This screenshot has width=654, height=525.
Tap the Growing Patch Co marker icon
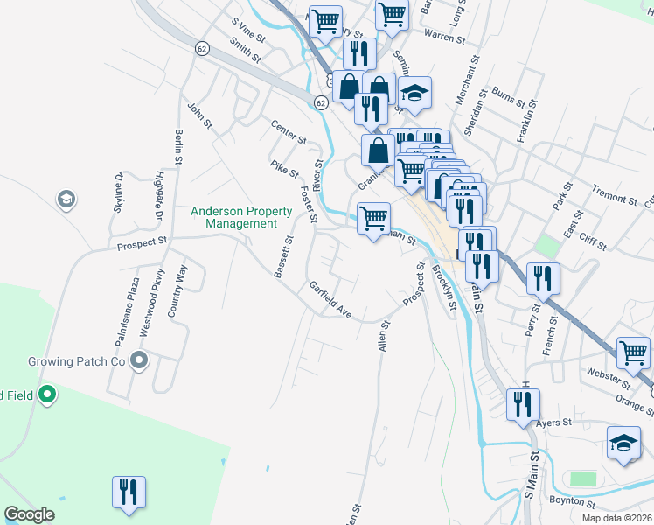point(138,360)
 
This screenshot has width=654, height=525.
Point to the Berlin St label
point(178,146)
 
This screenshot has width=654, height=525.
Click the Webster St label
point(608,378)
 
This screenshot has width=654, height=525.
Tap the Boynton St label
point(571,502)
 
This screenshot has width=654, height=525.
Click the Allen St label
point(382,336)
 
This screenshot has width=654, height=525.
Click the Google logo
point(30,514)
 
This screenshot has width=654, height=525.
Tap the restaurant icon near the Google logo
point(129,492)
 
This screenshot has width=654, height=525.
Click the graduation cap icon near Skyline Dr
point(65,200)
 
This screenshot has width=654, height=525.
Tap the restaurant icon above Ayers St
point(524,404)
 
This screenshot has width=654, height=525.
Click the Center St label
point(289,133)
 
